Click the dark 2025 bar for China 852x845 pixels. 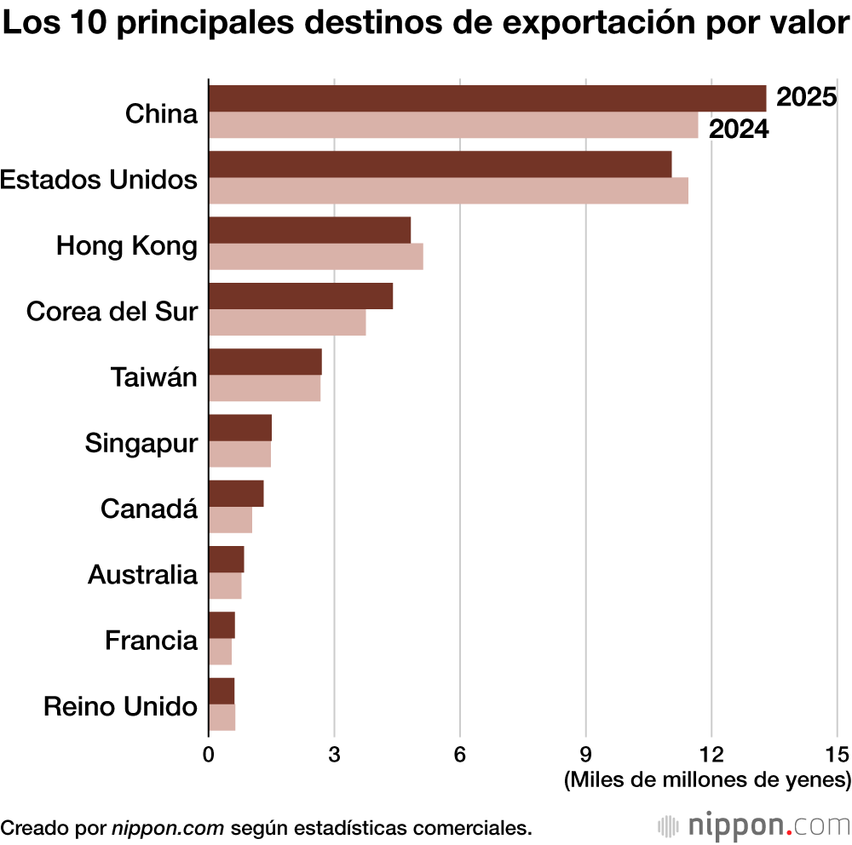[x=486, y=99]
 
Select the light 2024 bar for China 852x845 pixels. [x=452, y=125]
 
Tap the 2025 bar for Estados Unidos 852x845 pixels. [x=440, y=164]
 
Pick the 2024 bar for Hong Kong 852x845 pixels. [x=315, y=256]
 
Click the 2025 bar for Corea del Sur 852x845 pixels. [x=300, y=296]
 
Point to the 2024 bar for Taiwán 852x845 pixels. [x=264, y=388]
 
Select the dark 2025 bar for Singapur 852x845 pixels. [x=239, y=428]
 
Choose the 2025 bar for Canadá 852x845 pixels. [x=236, y=493]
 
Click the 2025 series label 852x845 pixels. [x=806, y=98]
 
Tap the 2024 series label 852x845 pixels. [x=739, y=129]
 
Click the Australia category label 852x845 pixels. [x=142, y=575]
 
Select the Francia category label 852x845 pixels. [x=151, y=641]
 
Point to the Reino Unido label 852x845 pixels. [x=120, y=707]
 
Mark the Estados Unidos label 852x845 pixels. [x=99, y=180]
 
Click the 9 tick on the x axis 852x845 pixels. [x=586, y=754]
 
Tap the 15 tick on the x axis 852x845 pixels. [x=838, y=754]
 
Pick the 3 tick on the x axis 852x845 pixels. [x=334, y=754]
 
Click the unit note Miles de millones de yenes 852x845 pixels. [x=707, y=779]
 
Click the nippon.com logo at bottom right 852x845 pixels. [x=755, y=825]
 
